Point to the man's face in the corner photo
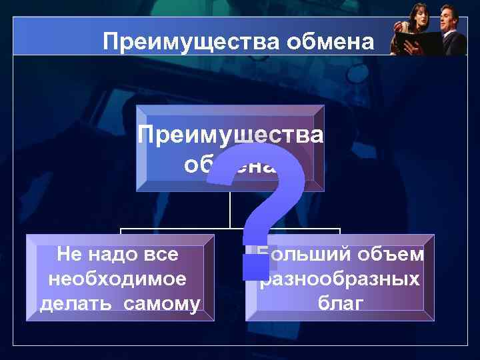pos(446,15)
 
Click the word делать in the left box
pos(70,304)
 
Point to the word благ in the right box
pos(341,304)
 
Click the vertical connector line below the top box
pos(230,210)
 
